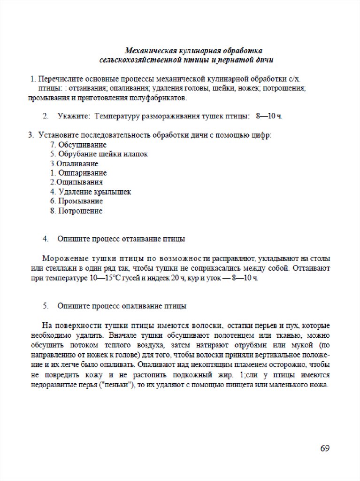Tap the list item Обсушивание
click(82, 145)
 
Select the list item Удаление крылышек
click(94, 192)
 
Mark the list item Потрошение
click(80, 211)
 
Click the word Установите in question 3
click(59, 135)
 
